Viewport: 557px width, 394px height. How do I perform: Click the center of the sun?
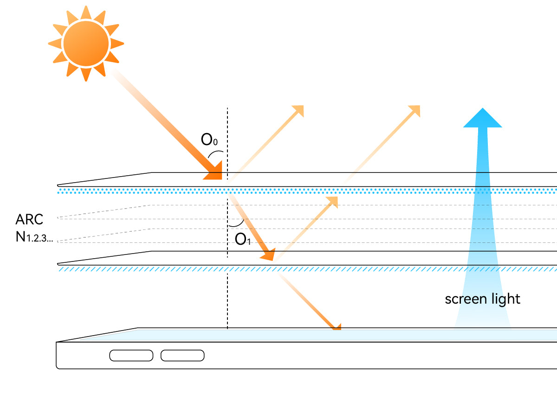point(86,44)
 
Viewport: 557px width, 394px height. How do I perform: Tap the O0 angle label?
point(209,139)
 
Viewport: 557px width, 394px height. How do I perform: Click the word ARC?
point(29,219)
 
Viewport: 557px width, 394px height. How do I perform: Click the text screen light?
point(482,299)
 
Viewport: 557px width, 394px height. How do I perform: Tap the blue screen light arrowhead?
point(483,118)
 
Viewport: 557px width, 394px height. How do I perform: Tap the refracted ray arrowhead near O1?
point(269,254)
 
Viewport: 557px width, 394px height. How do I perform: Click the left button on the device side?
point(131,356)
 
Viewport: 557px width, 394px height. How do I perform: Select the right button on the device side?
point(182,356)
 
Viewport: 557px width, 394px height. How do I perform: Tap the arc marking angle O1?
point(237,224)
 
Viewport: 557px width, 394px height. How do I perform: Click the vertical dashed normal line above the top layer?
point(227,130)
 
